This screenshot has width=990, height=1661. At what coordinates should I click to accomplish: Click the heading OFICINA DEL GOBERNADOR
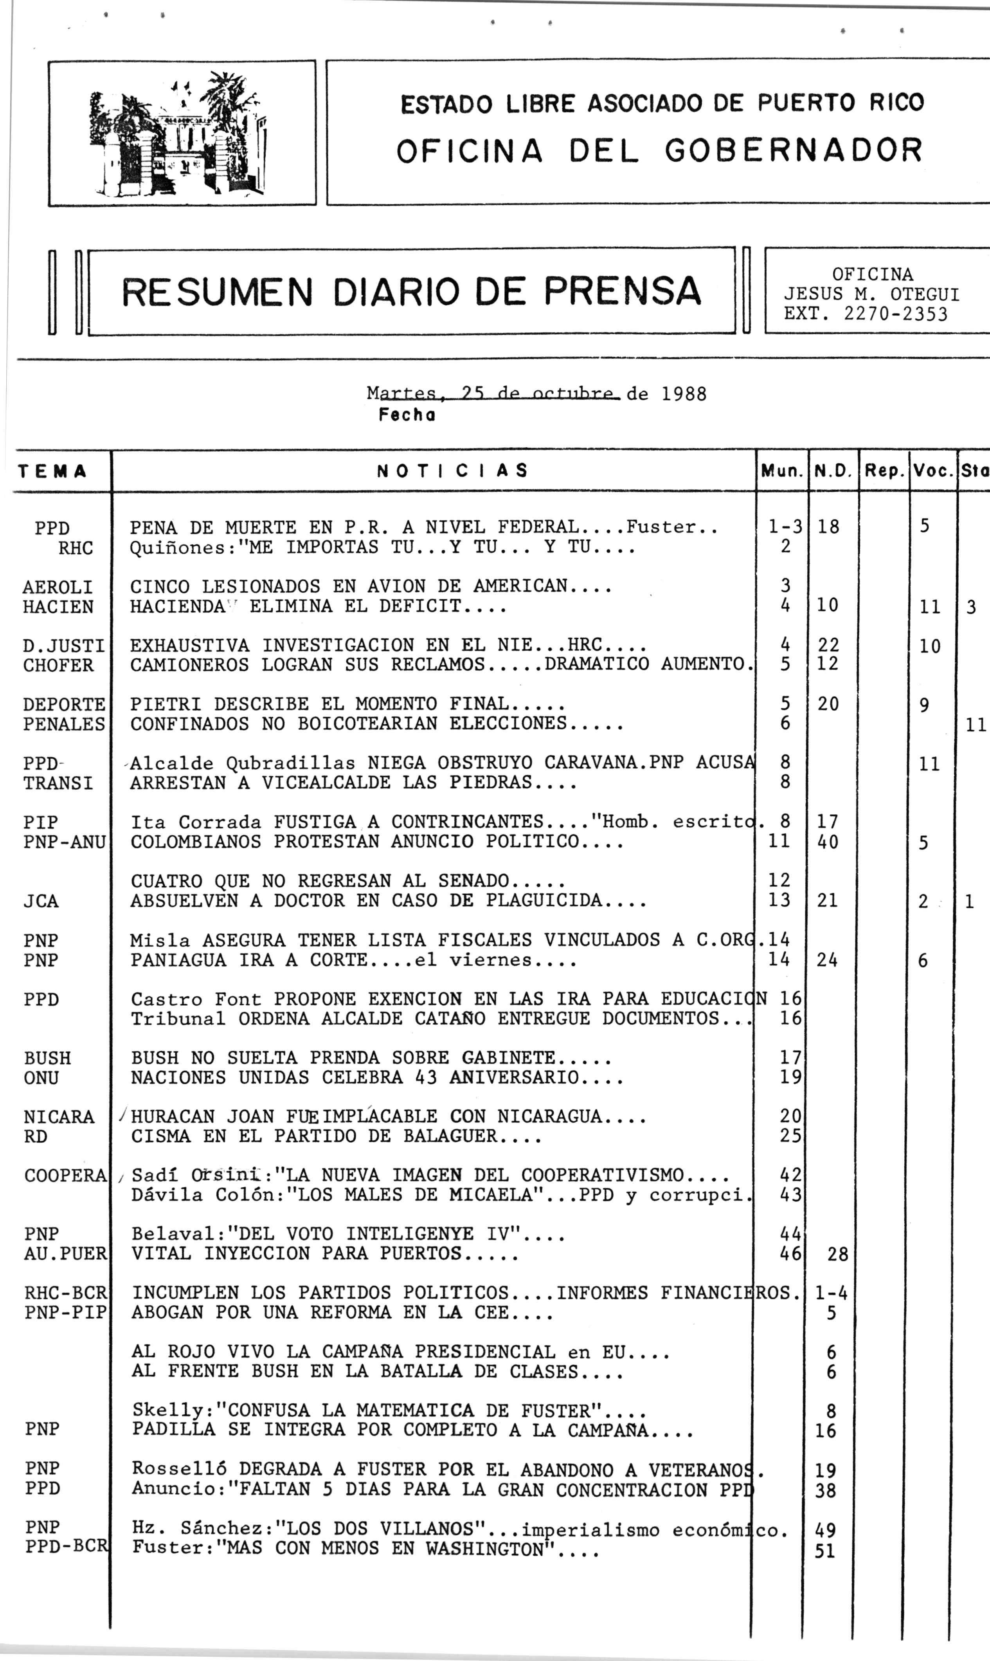(x=659, y=151)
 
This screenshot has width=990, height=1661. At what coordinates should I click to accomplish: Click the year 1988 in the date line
(x=684, y=394)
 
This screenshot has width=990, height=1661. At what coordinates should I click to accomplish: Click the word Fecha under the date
(x=407, y=415)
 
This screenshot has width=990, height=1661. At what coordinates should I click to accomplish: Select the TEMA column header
(x=53, y=472)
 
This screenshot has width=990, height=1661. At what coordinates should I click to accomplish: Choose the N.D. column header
(x=833, y=472)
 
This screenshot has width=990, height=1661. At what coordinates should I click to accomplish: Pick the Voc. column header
(x=932, y=472)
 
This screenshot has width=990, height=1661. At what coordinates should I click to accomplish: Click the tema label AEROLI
(x=58, y=587)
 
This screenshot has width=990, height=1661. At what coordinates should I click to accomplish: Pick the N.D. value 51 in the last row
(x=825, y=1551)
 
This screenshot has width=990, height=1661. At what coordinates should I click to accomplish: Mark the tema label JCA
(x=41, y=902)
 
